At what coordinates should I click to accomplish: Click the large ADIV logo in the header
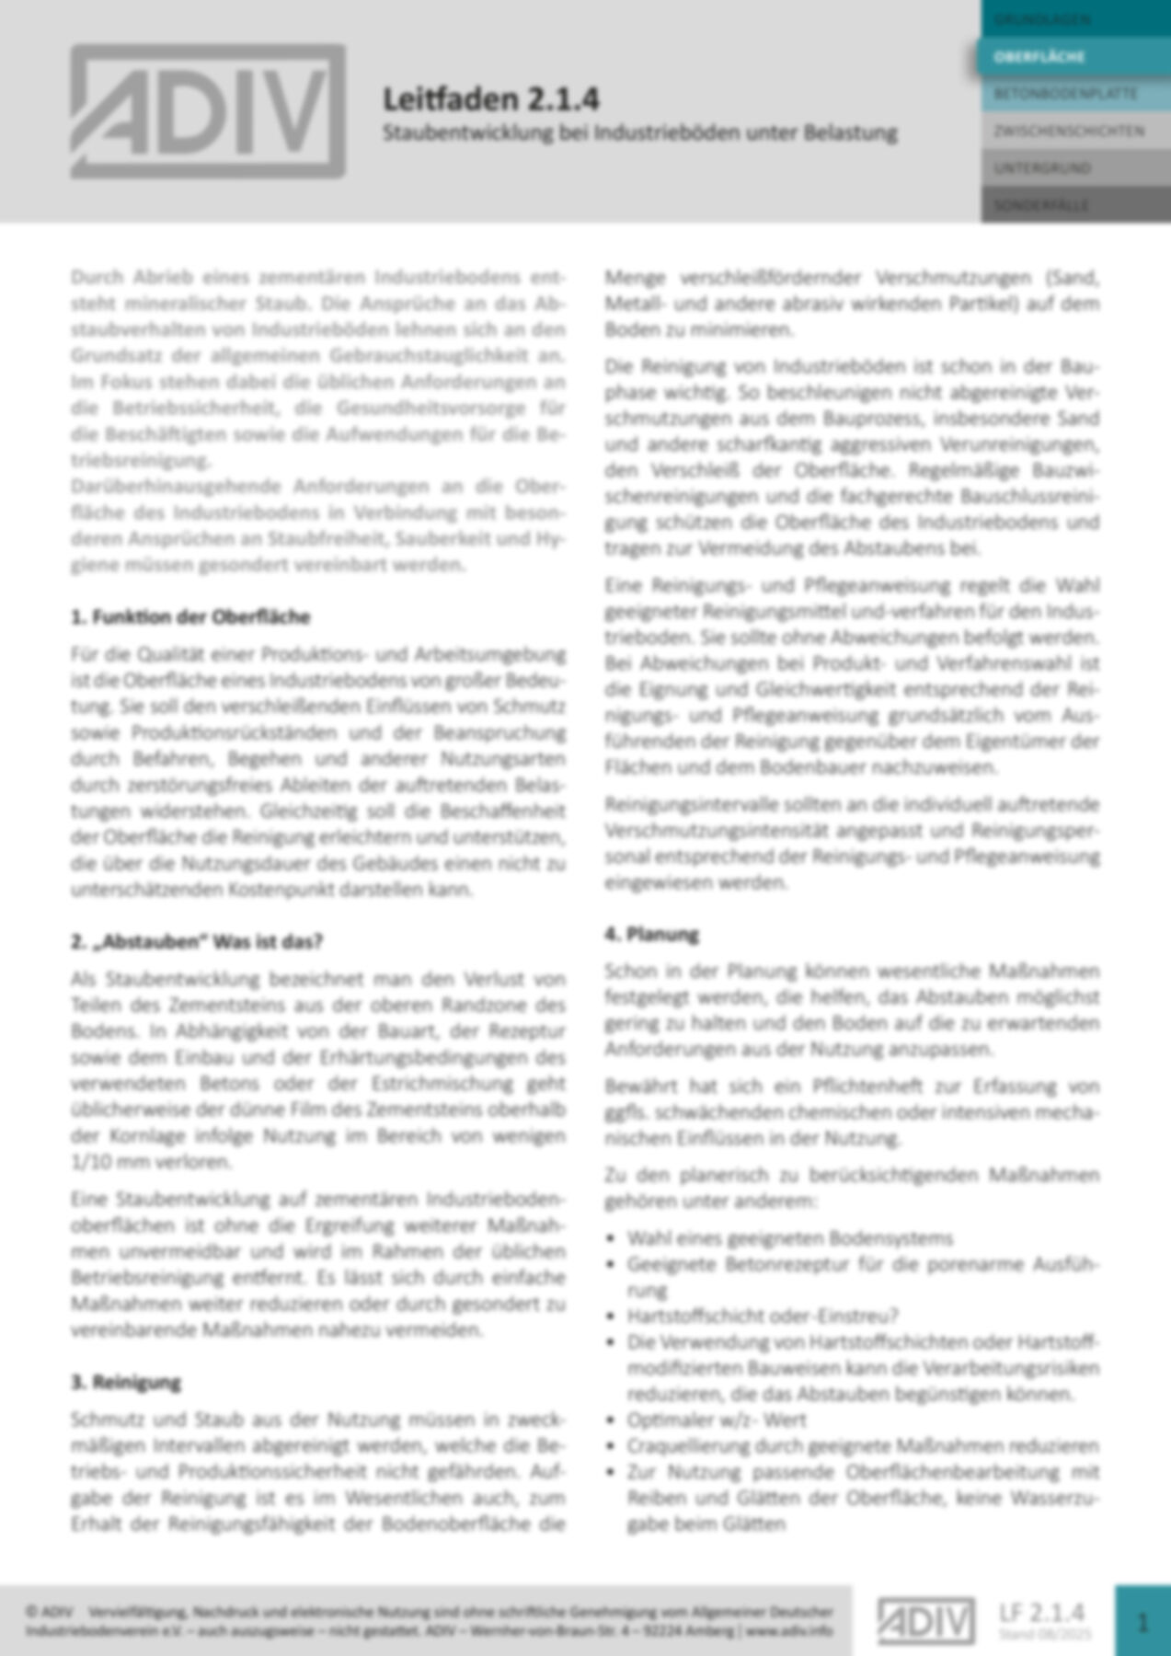click(208, 111)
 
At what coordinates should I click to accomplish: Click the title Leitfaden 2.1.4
click(491, 98)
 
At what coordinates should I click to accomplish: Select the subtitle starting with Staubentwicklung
click(639, 132)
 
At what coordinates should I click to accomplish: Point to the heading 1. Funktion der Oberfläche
click(190, 616)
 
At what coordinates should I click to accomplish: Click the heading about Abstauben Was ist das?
click(197, 941)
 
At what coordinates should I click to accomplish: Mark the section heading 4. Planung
click(652, 934)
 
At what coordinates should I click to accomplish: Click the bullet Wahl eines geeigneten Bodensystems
click(789, 1237)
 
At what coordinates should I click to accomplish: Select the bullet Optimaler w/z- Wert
click(717, 1420)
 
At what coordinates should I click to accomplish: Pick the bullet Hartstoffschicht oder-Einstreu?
click(763, 1316)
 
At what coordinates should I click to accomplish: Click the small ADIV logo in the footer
click(925, 1621)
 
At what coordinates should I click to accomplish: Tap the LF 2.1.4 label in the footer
click(1041, 1612)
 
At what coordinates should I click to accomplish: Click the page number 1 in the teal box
click(1142, 1621)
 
